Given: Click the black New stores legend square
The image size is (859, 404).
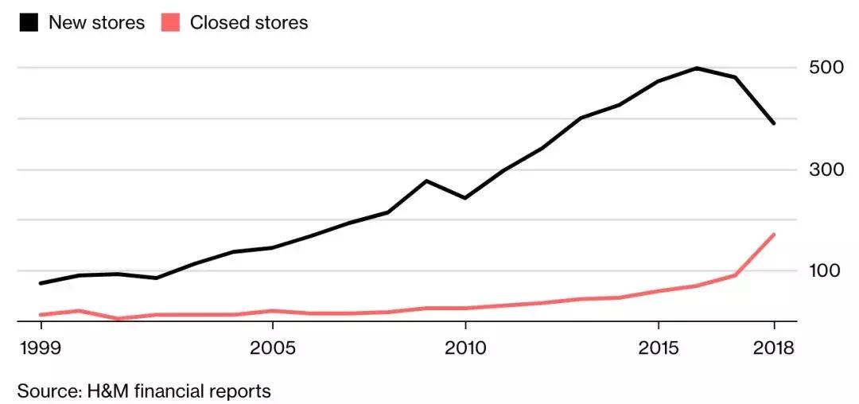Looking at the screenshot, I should [28, 22].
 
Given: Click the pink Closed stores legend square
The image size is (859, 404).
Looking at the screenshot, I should [169, 22].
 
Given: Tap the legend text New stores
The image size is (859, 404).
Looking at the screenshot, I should [96, 22].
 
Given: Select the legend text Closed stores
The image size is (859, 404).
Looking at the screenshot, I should [248, 22].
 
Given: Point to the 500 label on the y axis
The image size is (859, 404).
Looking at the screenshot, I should [826, 68].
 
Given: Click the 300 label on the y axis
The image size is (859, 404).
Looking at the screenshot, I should [826, 169].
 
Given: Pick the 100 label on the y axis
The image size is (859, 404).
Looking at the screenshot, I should [826, 271].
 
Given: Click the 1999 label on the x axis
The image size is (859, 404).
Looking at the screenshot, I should [41, 349].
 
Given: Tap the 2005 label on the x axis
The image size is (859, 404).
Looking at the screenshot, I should [272, 349].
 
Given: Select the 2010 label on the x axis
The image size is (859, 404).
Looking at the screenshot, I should [464, 349].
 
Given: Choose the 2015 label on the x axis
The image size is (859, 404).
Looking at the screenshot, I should [658, 349].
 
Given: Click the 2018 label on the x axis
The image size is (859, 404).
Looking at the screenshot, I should [772, 349].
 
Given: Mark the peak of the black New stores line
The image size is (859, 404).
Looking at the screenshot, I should [697, 68].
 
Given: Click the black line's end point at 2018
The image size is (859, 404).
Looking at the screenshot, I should [774, 123].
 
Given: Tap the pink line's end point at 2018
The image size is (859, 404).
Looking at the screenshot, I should [774, 235].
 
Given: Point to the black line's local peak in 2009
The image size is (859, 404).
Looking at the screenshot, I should [426, 181].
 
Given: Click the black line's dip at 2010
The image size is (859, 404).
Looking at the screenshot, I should [464, 198].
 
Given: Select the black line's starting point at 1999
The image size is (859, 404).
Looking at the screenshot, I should [41, 283].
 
